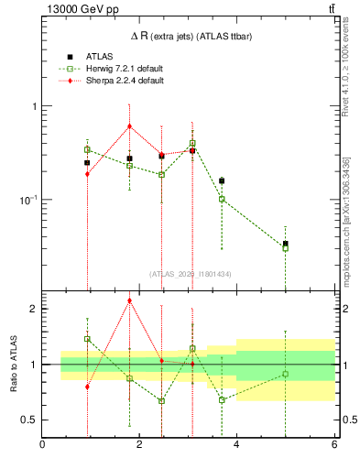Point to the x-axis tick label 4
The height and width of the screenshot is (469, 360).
pyautogui.click(x=237, y=446)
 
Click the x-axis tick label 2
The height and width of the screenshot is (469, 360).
pyautogui.click(x=140, y=446)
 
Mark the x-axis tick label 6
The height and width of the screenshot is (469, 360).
pyautogui.click(x=334, y=446)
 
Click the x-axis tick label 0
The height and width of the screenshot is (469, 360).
pyautogui.click(x=43, y=446)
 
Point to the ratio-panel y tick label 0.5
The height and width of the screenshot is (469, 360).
pyautogui.click(x=29, y=420)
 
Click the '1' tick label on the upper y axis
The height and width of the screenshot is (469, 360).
pyautogui.click(x=34, y=106)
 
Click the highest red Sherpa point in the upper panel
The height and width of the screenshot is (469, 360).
pyautogui.click(x=130, y=126)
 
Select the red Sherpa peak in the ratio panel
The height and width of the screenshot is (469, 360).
pyautogui.click(x=130, y=300)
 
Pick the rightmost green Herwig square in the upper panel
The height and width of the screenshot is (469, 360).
pyautogui.click(x=286, y=248)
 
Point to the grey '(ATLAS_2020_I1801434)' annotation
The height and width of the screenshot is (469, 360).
pyautogui.click(x=190, y=273)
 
